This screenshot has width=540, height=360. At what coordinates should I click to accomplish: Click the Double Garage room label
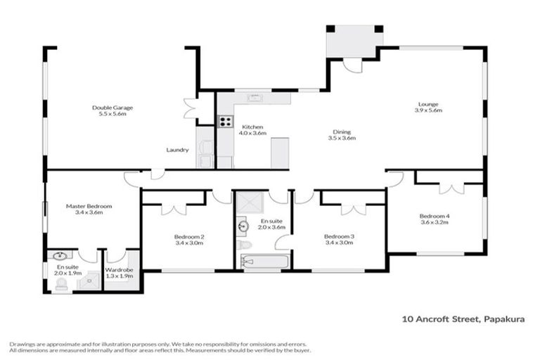[112, 108]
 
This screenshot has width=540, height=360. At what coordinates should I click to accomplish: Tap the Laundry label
[176, 150]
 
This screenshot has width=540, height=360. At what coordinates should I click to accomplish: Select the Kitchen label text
[252, 126]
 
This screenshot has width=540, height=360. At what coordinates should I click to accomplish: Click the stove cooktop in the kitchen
[226, 121]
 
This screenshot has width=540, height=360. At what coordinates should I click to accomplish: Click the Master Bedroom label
[84, 206]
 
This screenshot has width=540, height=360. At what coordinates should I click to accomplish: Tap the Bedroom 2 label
[189, 237]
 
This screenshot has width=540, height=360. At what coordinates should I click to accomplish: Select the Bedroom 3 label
[339, 237]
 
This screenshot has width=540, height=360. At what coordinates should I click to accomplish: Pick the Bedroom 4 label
[434, 215]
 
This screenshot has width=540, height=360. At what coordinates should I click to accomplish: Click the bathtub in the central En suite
[264, 262]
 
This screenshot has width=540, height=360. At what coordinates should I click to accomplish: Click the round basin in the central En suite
[244, 226]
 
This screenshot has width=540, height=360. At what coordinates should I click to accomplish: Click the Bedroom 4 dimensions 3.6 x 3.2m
[434, 222]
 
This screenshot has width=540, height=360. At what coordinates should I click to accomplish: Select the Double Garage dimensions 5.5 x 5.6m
[112, 115]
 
